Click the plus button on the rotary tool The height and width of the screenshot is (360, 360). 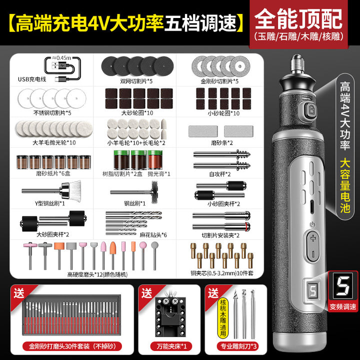click(313, 238)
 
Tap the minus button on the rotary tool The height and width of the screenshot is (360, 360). click(313, 254)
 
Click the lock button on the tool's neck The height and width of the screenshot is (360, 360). click(311, 109)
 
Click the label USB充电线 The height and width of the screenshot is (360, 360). click(32, 79)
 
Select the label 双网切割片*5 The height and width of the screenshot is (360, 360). click(136, 81)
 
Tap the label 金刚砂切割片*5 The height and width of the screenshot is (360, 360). click(219, 81)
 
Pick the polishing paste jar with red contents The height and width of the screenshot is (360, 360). click(155, 160)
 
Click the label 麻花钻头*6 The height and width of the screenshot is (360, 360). click(153, 235)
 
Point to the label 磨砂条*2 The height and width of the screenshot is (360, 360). click(222, 143)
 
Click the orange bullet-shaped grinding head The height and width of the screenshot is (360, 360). click(112, 248)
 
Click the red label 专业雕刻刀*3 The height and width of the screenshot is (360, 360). click(238, 346)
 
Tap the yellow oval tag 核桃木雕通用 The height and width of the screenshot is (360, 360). click(223, 318)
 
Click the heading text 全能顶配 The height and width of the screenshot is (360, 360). click(298, 19)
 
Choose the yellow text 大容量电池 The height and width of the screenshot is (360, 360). click(345, 185)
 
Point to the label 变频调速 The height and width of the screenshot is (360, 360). click(343, 306)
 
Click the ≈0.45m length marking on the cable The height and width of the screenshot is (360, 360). click(61, 58)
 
